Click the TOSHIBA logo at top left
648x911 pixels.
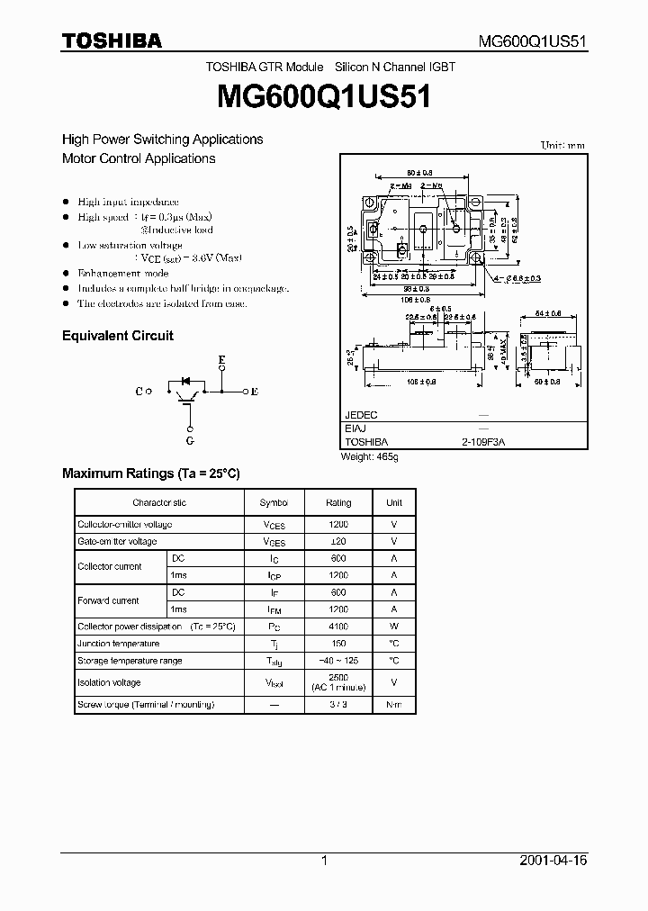(x=112, y=41)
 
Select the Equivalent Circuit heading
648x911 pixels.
(x=117, y=336)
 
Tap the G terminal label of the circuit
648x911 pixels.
(x=190, y=441)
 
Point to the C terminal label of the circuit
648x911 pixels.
(x=139, y=392)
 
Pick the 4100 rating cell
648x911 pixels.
(x=338, y=627)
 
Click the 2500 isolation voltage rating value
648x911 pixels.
(x=338, y=676)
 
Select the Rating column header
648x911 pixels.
(x=338, y=502)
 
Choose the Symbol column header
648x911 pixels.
(x=274, y=502)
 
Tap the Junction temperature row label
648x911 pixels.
(x=119, y=644)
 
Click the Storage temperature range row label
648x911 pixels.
(x=130, y=661)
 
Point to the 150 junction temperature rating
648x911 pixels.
(x=338, y=644)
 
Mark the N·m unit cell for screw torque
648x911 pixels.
(x=394, y=705)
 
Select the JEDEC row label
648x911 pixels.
(x=361, y=415)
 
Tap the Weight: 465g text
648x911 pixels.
(x=369, y=456)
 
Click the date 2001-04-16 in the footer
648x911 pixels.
(x=553, y=861)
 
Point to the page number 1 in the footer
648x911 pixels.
(x=324, y=861)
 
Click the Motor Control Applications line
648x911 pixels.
(x=139, y=158)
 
